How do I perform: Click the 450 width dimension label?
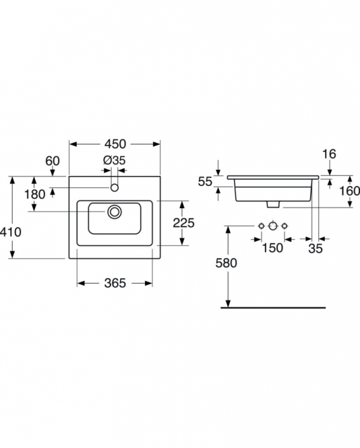(x=115, y=144)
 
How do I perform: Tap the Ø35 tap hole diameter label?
(x=115, y=160)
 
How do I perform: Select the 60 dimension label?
(x=53, y=161)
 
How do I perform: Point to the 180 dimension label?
(x=34, y=195)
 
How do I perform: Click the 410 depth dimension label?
(x=11, y=232)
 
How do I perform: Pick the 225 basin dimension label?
(x=183, y=223)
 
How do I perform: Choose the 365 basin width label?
(x=115, y=283)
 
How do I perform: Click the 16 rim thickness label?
(x=329, y=154)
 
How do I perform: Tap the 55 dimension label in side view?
(x=205, y=182)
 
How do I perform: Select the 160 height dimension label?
(x=349, y=191)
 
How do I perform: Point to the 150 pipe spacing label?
(x=272, y=248)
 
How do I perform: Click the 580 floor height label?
(x=226, y=263)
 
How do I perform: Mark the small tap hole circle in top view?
(x=115, y=188)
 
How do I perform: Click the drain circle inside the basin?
(x=115, y=212)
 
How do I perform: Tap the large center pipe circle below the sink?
(x=273, y=226)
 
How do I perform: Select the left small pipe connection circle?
(x=262, y=226)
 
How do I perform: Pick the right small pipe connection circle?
(x=284, y=226)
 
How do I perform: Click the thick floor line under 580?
(x=273, y=308)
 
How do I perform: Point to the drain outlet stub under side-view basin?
(x=273, y=204)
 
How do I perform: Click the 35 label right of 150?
(x=316, y=249)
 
